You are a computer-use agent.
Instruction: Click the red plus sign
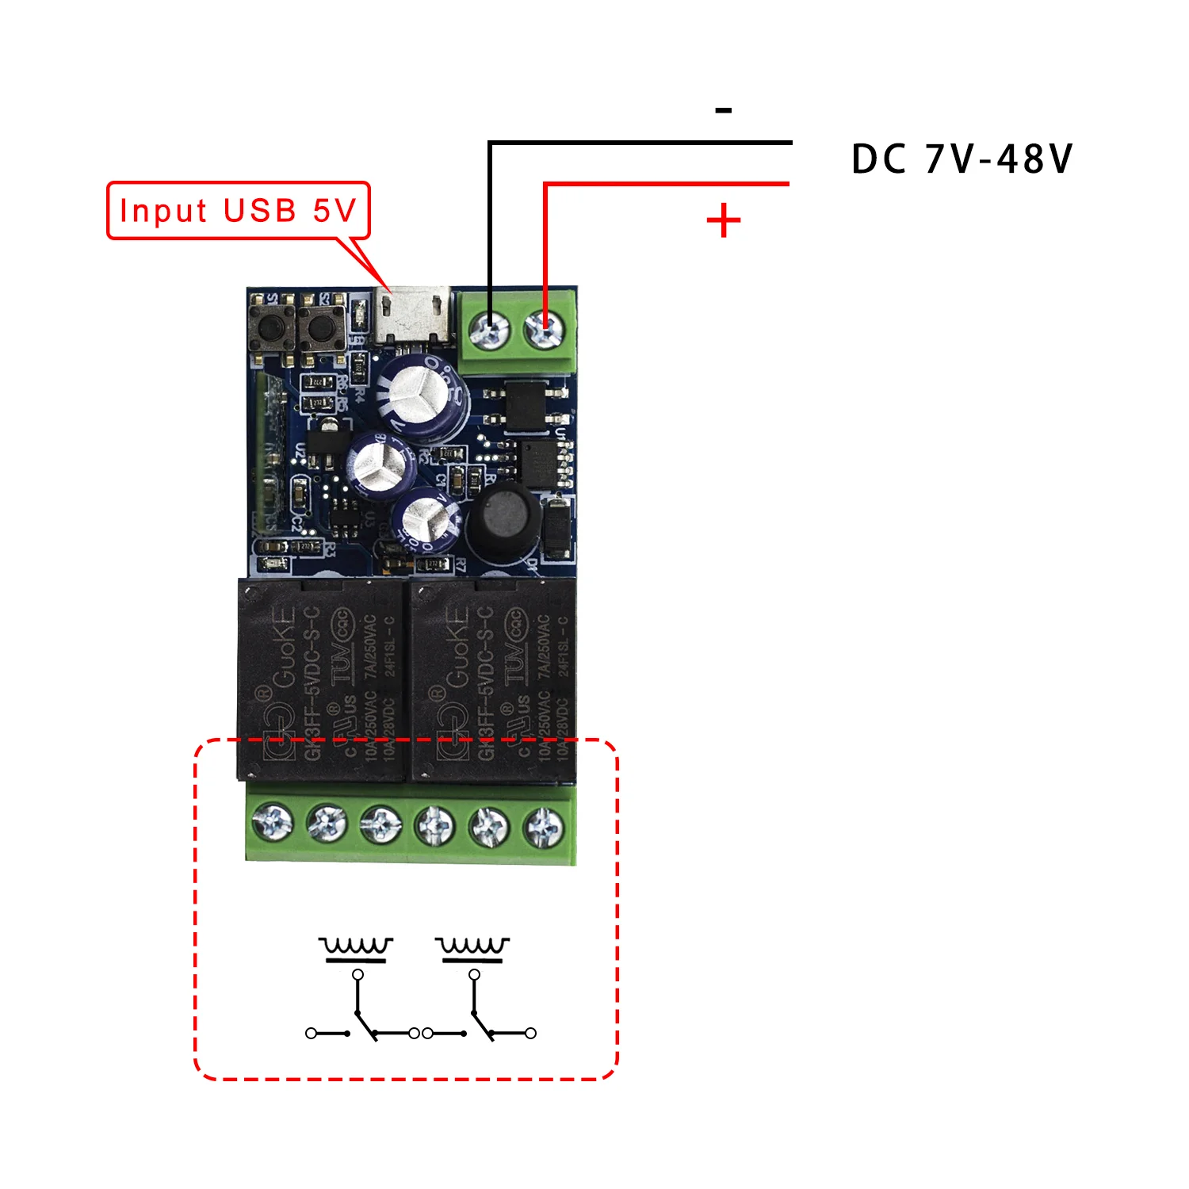coord(723,220)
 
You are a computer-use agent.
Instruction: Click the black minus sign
coord(723,111)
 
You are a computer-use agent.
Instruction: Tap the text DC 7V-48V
coord(962,159)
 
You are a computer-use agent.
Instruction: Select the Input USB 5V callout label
coord(238,211)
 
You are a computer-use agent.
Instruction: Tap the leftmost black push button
coord(271,327)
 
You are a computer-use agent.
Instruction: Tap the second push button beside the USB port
coord(321,327)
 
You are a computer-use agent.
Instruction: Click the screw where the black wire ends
coord(491,328)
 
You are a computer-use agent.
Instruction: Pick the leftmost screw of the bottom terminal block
coord(273,822)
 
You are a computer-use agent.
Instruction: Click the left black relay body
coord(322,680)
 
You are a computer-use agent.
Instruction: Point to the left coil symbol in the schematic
coord(356,948)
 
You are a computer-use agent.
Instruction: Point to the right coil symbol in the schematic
coord(472,948)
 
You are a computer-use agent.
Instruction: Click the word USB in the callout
coord(260,211)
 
